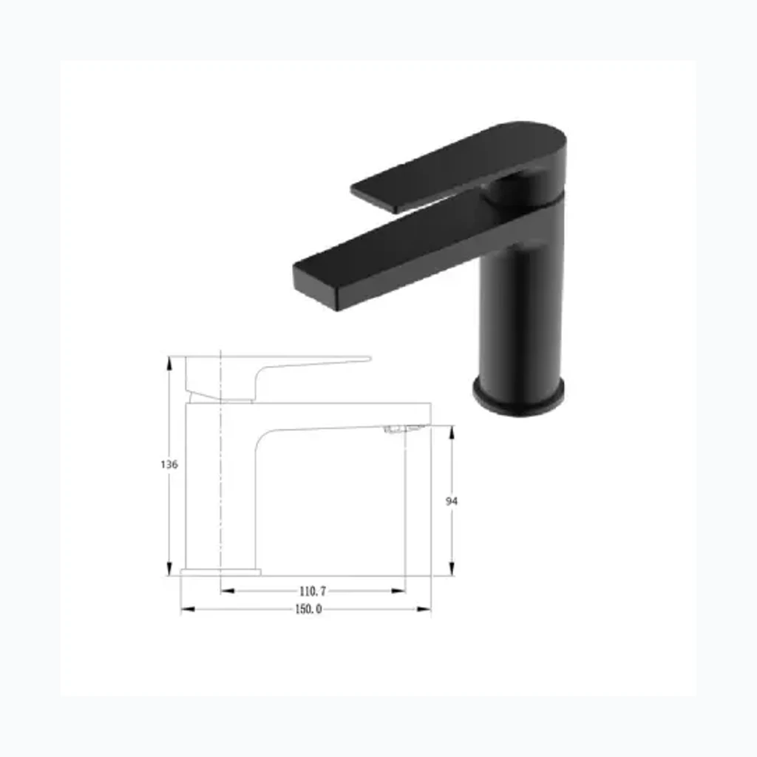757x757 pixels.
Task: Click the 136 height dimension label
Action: coord(169,464)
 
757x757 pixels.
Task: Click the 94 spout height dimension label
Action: coord(452,502)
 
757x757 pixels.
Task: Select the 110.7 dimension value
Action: coord(313,591)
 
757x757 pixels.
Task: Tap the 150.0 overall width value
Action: coord(308,609)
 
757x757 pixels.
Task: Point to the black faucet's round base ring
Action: coord(518,396)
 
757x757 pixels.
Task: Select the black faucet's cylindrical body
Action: coord(521,319)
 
